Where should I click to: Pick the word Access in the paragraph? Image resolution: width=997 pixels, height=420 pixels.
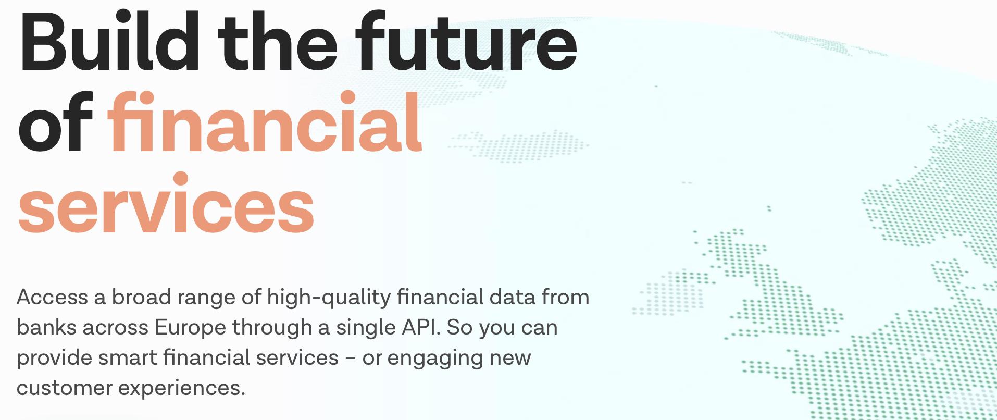(x=53, y=297)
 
